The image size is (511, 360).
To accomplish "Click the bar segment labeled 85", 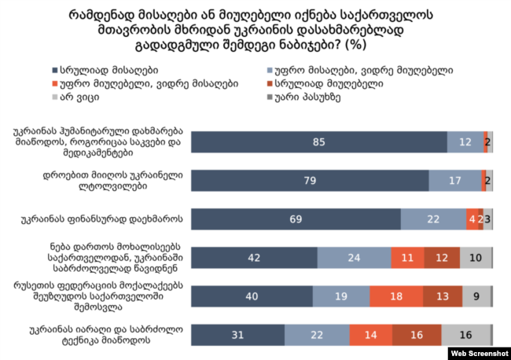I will tap(318, 142).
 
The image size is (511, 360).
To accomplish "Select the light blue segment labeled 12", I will tap(465, 142).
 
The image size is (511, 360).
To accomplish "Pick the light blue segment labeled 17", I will tap(454, 181).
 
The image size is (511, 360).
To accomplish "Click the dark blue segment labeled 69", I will tap(296, 219).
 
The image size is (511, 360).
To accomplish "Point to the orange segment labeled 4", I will tap(470, 219).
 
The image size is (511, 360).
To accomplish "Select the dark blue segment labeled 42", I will tap(254, 258).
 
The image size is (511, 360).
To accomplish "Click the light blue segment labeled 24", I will tap(354, 258).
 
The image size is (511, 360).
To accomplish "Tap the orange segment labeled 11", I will tap(406, 258).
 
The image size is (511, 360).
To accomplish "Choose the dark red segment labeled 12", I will tap(441, 258).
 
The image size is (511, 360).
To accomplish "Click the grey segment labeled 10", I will tap(474, 258).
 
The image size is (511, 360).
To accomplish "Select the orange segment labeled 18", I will tap(397, 296).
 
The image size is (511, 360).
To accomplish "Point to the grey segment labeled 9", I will tap(476, 296).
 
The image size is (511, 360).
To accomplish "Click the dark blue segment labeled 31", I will tap(237, 335).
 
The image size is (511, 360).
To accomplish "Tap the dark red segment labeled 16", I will tap(417, 335).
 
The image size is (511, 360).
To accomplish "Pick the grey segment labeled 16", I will tap(465, 335).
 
